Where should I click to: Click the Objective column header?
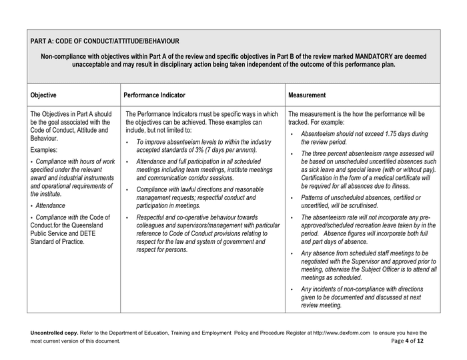44,95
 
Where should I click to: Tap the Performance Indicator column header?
155,95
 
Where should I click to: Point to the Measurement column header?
307,95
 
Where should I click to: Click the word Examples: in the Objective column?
46,151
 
